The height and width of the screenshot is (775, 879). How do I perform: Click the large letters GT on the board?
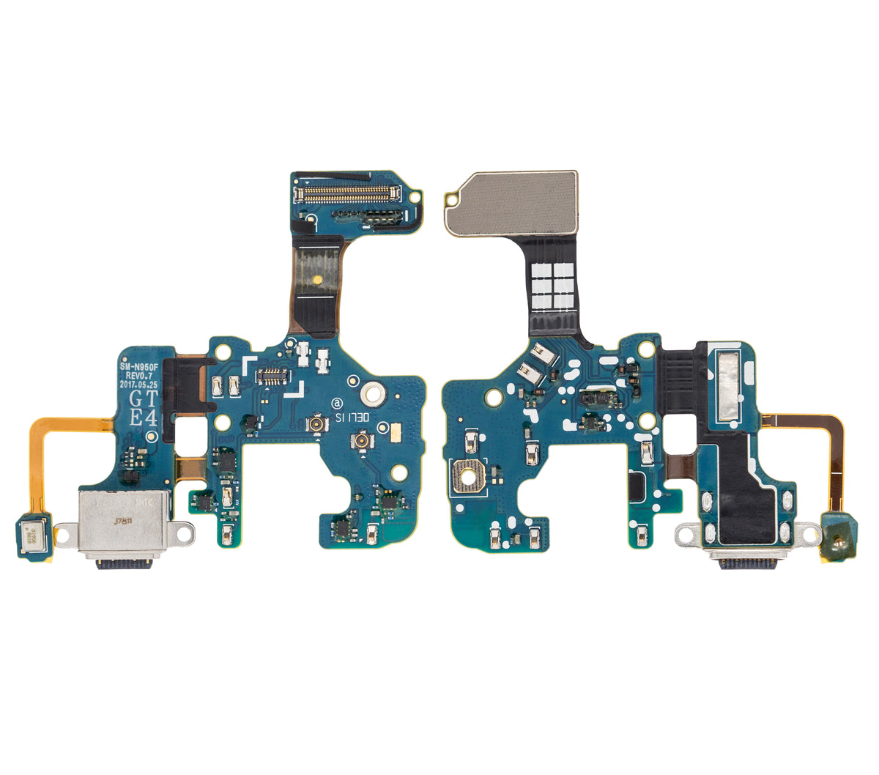(x=143, y=400)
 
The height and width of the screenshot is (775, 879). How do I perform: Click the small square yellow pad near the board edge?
(x=396, y=435)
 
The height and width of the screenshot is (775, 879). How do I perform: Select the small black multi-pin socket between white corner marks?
(x=271, y=378)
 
